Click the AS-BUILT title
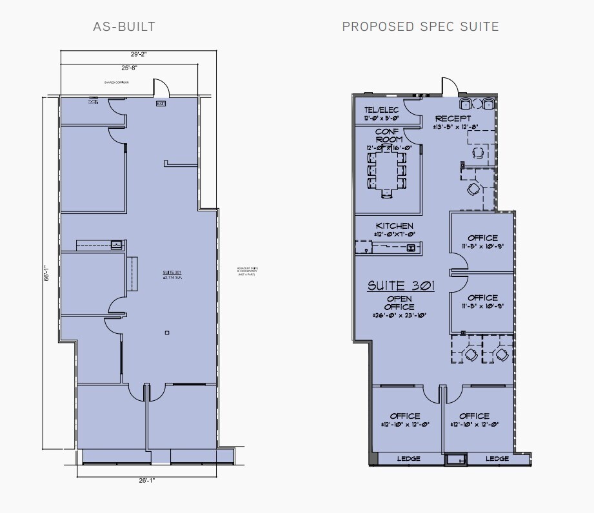pos(124,26)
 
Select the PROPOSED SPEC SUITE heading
pos(420,26)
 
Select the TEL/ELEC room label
pos(381,110)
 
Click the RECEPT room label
pos(452,119)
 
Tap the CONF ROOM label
pos(389,135)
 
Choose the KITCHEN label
pos(395,226)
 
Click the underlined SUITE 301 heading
pos(401,286)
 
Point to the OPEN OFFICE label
pos(400,303)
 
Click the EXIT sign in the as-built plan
pos(161,103)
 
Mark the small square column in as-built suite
pos(167,333)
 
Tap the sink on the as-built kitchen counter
pos(117,244)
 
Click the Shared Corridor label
pos(116,82)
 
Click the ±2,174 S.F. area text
pos(172,278)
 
